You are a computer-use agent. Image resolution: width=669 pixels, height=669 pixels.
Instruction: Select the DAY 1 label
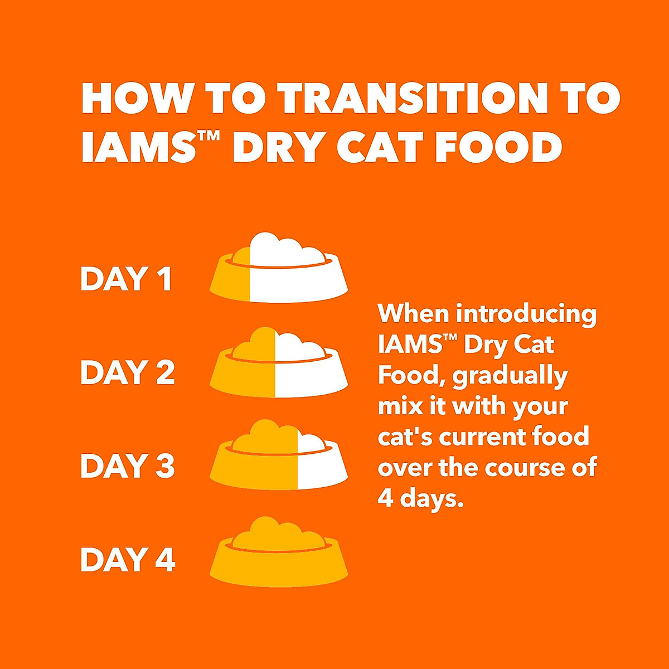point(126,279)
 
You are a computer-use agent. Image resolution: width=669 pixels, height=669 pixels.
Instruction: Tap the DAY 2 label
point(128,372)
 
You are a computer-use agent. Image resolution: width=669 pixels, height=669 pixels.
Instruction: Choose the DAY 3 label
point(128,466)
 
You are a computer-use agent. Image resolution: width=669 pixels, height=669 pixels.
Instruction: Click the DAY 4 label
point(128,560)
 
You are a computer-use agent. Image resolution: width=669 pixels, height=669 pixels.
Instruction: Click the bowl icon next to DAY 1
point(279,270)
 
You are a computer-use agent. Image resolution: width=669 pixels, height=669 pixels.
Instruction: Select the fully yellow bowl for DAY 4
point(279,553)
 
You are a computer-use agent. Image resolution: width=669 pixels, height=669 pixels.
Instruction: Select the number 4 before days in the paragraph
point(385,498)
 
